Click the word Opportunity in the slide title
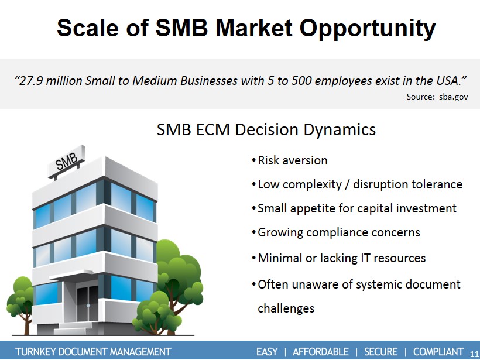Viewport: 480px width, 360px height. [x=368, y=29]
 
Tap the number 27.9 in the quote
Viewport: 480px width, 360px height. [x=30, y=81]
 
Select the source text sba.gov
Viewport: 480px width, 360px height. [x=454, y=97]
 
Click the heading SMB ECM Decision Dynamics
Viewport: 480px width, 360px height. [x=266, y=129]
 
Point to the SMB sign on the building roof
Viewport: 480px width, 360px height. [x=66, y=161]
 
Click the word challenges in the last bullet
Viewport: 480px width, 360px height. [x=286, y=308]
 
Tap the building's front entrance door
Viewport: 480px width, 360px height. [x=88, y=303]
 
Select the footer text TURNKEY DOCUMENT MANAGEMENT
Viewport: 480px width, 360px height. [x=93, y=352]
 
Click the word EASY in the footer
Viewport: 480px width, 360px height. [x=267, y=352]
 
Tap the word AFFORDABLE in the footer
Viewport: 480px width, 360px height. [x=321, y=352]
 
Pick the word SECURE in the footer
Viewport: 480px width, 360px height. [x=381, y=352]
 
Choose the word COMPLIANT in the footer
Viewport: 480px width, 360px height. [x=438, y=352]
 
